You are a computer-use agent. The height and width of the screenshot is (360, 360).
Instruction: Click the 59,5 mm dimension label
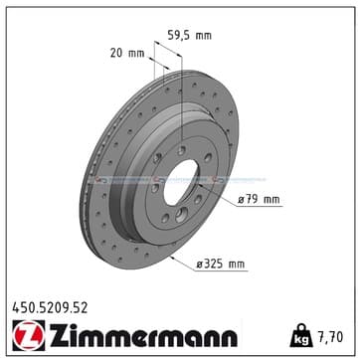pos(189,35)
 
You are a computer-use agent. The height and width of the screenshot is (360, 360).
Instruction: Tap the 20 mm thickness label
pos(127,53)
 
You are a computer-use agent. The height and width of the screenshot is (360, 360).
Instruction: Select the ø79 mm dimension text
pos(259,200)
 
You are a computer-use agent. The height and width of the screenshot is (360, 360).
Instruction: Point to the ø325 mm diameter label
pos(221,264)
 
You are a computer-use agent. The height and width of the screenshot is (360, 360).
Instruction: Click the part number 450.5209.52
pos(50,308)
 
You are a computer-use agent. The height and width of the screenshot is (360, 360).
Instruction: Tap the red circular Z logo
pos(29,335)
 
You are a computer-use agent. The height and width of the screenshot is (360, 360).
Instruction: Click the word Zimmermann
pos(143,335)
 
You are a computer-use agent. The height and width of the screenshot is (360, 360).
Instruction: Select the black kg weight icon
pos(301,335)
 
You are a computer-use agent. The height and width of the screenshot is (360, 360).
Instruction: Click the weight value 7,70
pos(330,337)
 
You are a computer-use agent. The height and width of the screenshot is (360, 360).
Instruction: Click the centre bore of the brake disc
pos(181,182)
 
